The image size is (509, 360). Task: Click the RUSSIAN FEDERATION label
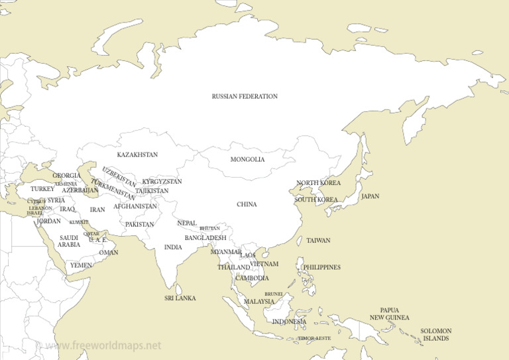(245, 97)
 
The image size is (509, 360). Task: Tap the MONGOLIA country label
(247, 160)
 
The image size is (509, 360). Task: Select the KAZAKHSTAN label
(137, 155)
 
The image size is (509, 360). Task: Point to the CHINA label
(247, 205)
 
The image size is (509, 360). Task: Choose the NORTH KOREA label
(318, 183)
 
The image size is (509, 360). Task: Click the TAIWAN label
(318, 241)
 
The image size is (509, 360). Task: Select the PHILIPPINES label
(321, 268)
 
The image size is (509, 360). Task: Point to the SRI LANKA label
(180, 298)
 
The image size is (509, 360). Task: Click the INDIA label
(173, 247)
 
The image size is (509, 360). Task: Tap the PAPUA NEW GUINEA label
(389, 314)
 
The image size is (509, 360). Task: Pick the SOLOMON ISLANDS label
(436, 335)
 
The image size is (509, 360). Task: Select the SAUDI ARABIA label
(69, 241)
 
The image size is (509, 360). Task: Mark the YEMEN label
(82, 265)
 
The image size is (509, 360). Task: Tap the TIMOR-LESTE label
(314, 338)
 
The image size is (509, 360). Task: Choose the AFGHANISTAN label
(135, 206)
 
